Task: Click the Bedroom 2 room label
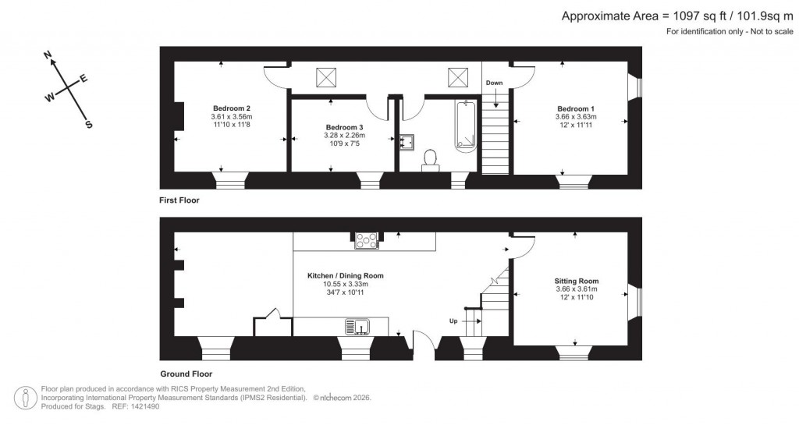click(x=231, y=108)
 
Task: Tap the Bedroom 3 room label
click(x=344, y=126)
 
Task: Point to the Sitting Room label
click(x=577, y=281)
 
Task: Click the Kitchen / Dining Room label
click(x=345, y=275)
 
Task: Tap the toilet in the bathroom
click(x=430, y=160)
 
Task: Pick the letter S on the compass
click(x=88, y=125)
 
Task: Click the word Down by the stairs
click(x=494, y=83)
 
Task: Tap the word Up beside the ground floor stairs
click(x=453, y=321)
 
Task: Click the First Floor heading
click(x=179, y=200)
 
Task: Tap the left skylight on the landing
click(x=326, y=78)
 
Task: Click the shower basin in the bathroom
click(x=406, y=141)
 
